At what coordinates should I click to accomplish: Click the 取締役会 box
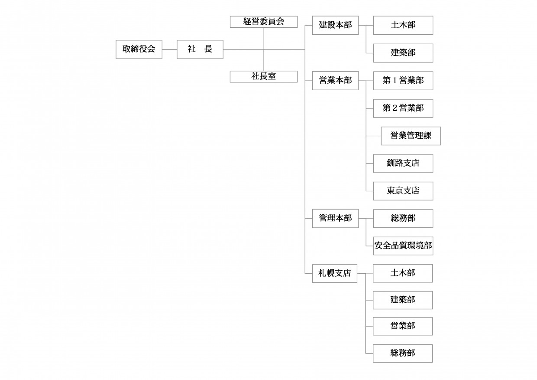pyautogui.click(x=139, y=49)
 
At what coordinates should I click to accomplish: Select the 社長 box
pyautogui.click(x=200, y=49)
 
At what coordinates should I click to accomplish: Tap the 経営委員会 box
pyautogui.click(x=264, y=22)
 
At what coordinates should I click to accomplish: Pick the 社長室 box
pyautogui.click(x=264, y=77)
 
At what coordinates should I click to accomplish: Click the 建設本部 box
pyautogui.click(x=335, y=25)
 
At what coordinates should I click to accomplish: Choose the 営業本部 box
pyautogui.click(x=335, y=81)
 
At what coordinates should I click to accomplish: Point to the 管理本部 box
pyautogui.click(x=335, y=218)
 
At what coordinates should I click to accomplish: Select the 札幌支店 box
pyautogui.click(x=335, y=273)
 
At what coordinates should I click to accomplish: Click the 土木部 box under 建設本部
pyautogui.click(x=403, y=25)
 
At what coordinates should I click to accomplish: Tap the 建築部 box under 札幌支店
pyautogui.click(x=403, y=300)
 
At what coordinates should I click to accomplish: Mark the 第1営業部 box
pyautogui.click(x=403, y=81)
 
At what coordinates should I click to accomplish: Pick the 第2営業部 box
pyautogui.click(x=403, y=108)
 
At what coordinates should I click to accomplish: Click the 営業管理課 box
pyautogui.click(x=411, y=136)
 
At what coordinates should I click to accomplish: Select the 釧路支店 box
pyautogui.click(x=403, y=164)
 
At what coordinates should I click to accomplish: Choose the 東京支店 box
pyautogui.click(x=403, y=191)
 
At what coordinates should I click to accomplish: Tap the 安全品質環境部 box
pyautogui.click(x=403, y=246)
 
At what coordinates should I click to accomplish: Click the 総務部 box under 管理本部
pyautogui.click(x=403, y=218)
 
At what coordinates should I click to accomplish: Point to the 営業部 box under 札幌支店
pyautogui.click(x=403, y=326)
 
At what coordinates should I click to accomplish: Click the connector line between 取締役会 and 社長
pyautogui.click(x=169, y=49)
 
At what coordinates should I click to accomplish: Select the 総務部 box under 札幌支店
pyautogui.click(x=403, y=354)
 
